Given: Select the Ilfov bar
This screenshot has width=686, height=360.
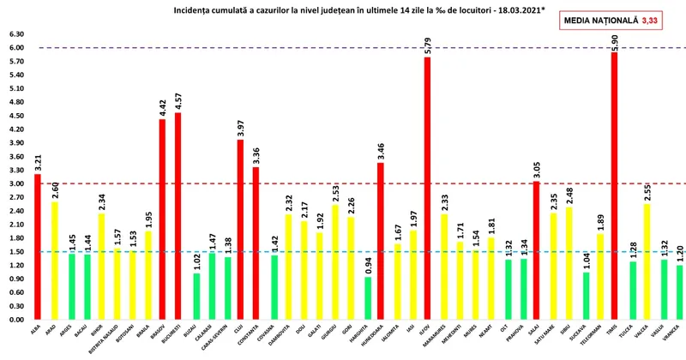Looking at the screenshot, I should coord(426,189).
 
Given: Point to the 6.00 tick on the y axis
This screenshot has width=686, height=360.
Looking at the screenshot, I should coord(16,48).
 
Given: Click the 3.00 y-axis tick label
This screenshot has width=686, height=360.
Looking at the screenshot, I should coord(16,183).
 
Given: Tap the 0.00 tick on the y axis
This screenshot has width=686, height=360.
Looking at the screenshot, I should coord(16,320).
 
